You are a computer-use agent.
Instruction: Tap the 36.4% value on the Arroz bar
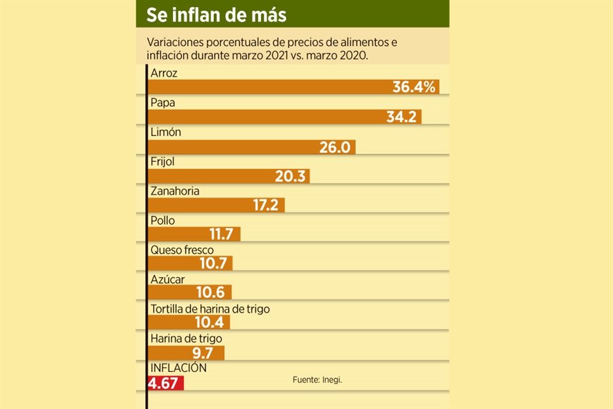pyautogui.click(x=414, y=87)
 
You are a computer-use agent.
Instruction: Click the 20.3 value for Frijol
pyautogui.click(x=290, y=176)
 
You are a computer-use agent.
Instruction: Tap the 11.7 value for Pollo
pyautogui.click(x=223, y=235)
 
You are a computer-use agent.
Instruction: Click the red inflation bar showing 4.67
pyautogui.click(x=165, y=383)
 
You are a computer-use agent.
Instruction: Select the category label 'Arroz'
pyautogui.click(x=164, y=73)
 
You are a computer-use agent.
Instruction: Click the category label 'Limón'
pyautogui.click(x=166, y=132)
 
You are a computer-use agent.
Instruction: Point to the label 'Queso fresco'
pyautogui.click(x=182, y=250)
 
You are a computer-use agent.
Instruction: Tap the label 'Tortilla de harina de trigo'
pyautogui.click(x=210, y=309)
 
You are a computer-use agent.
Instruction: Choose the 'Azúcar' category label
pyautogui.click(x=167, y=279)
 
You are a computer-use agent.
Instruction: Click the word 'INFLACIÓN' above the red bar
pyautogui.click(x=179, y=368)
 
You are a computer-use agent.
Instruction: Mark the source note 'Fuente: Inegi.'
pyautogui.click(x=317, y=380)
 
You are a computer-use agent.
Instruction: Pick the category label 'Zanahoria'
pyautogui.click(x=175, y=191)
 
